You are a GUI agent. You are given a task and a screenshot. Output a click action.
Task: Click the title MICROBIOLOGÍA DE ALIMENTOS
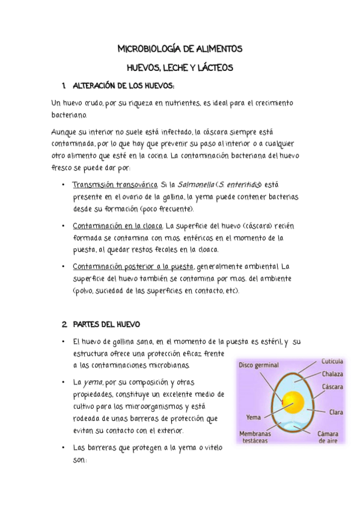point(180,48)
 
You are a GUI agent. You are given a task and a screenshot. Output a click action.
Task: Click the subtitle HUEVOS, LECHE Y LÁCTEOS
point(180,68)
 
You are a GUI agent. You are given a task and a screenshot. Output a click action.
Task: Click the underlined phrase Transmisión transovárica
point(115,184)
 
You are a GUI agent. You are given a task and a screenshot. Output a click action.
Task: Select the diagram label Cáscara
point(332,387)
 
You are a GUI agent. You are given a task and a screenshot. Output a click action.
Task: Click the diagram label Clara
point(336,413)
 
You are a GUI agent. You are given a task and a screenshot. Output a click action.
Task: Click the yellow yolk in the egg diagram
point(293,402)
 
